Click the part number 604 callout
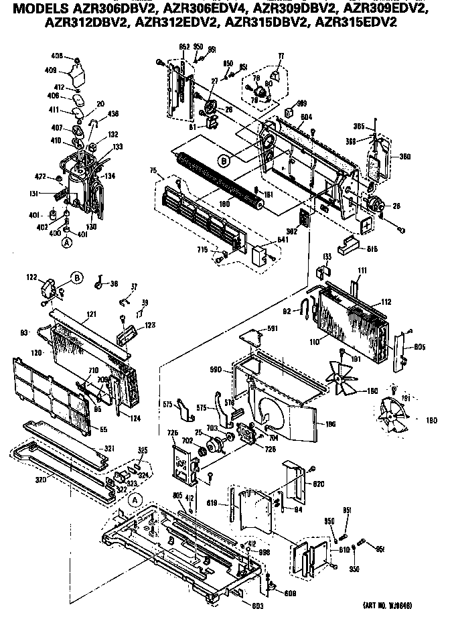click(307, 117)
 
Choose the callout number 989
click(301, 103)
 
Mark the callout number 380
click(386, 157)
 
